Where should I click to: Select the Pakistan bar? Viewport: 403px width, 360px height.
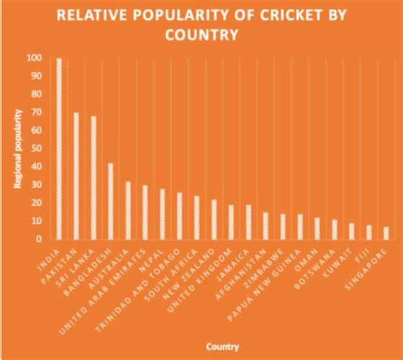76,176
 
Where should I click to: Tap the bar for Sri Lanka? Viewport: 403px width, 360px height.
93,177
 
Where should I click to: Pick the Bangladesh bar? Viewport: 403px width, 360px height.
111,201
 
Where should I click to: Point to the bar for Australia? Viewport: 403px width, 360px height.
128,210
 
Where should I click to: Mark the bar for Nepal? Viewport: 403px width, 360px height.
162,214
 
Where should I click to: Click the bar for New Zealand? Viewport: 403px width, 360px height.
214,219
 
